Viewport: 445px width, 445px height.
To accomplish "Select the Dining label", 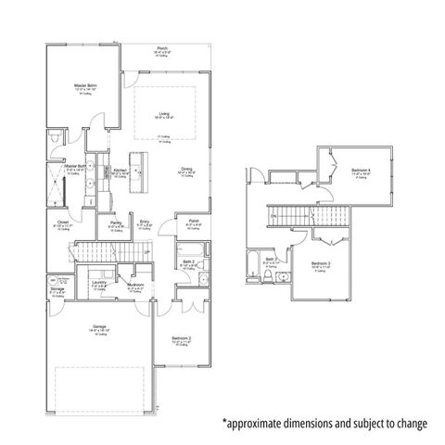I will coord(186,169).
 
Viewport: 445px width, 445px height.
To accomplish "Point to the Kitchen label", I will coord(120,170).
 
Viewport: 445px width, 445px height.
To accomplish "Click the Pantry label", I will coord(116,223).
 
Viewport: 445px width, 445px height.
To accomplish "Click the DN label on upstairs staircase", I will coord(273,217).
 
